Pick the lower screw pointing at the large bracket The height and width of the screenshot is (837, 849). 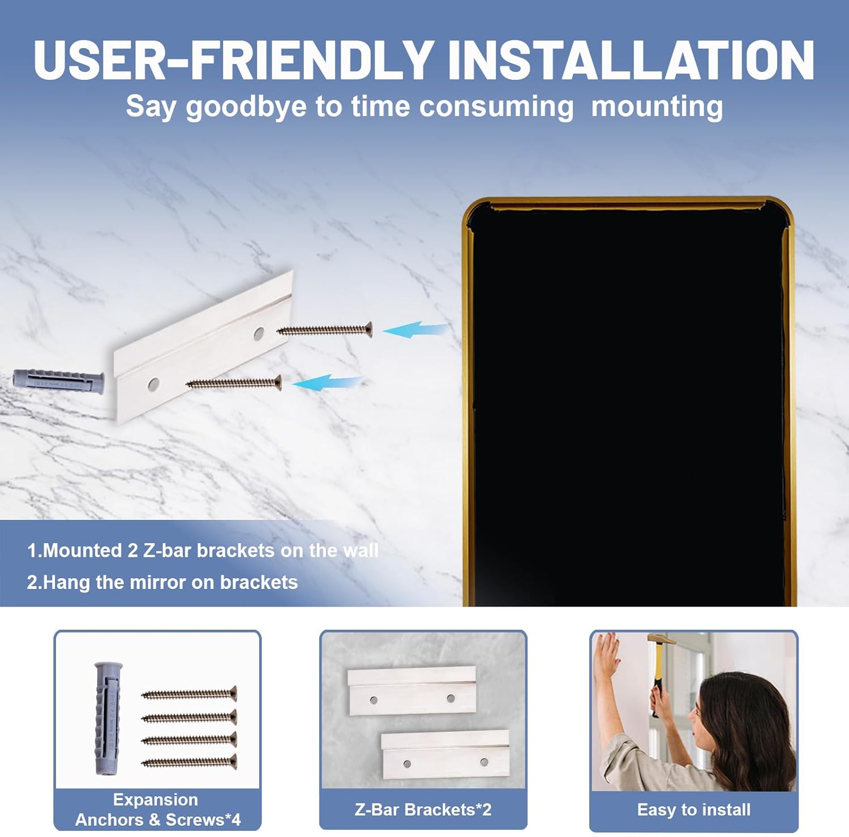[x=234, y=383]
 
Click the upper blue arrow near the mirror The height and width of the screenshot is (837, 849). [x=417, y=330]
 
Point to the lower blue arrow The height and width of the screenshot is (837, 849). [x=327, y=383]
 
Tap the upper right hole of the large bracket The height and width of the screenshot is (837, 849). [x=259, y=333]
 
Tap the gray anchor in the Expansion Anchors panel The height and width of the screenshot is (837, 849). [x=108, y=718]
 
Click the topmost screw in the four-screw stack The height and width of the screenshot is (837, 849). [x=189, y=693]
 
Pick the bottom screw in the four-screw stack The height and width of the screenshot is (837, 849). [x=189, y=762]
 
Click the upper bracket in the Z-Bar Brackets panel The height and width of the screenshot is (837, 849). [x=412, y=691]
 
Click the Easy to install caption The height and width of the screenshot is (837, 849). [x=694, y=810]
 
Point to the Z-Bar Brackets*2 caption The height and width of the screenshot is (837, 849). [x=423, y=810]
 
